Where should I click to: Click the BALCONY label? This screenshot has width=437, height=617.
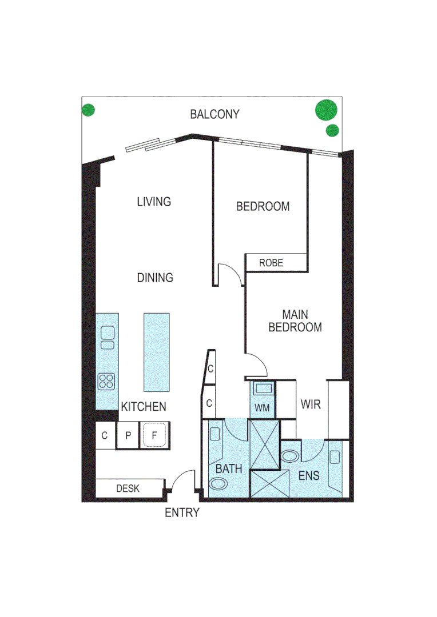[x=214, y=114]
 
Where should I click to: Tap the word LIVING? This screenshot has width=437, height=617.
[x=154, y=202]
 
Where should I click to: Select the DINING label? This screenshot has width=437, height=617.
[x=155, y=278]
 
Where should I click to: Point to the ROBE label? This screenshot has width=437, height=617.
[x=271, y=263]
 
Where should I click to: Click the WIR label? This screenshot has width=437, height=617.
[x=311, y=404]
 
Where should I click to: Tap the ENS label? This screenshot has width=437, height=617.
[x=308, y=475]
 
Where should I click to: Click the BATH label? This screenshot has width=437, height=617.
[x=229, y=469]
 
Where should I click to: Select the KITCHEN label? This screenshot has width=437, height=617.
[x=144, y=407]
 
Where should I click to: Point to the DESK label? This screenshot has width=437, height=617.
[x=128, y=488]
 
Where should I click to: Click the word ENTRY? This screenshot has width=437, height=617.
[x=182, y=512]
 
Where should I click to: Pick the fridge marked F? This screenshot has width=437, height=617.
[x=154, y=436]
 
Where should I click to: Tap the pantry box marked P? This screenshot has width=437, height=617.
[x=128, y=436]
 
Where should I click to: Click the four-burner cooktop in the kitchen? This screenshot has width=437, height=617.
[x=107, y=380]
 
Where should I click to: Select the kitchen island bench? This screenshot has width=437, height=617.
[x=156, y=352]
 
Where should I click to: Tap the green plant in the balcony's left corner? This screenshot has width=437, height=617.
[x=88, y=110]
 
